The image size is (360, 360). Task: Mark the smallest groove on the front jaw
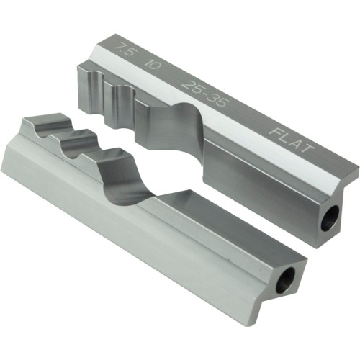(x=42, y=130)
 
